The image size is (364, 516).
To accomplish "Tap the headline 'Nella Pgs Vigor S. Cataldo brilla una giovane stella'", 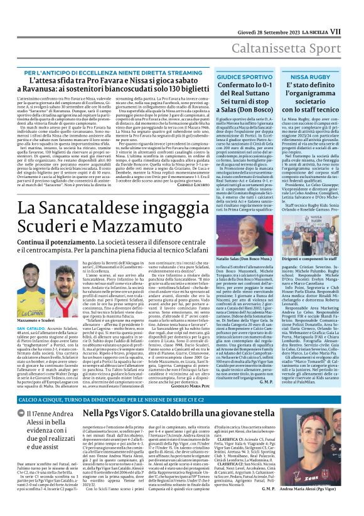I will pyautogui.click(x=213, y=414).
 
